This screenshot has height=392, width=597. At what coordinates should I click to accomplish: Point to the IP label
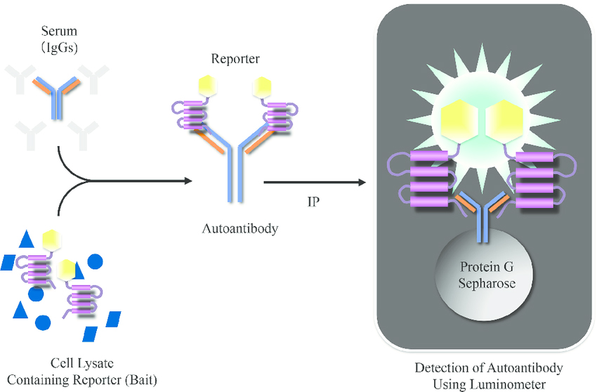pos(314,202)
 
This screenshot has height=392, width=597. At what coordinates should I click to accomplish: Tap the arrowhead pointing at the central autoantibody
pos(187,182)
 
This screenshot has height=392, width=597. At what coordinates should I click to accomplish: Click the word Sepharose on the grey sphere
pos(486,283)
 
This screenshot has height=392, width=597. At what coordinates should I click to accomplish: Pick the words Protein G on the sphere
pos(486,268)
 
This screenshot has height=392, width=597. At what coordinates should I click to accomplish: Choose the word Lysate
pos(100,363)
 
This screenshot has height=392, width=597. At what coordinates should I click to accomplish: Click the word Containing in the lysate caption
pos(57,379)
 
